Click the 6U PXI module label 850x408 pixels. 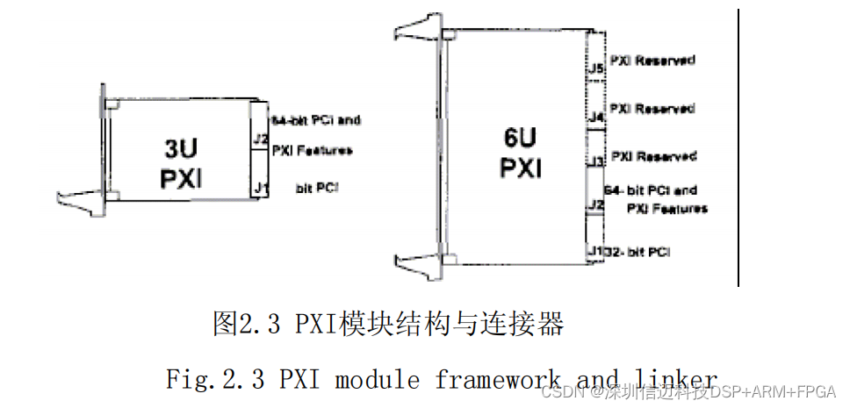(521, 151)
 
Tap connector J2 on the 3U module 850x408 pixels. (259, 139)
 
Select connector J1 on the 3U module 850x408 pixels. (259, 187)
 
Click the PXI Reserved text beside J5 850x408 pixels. (652, 61)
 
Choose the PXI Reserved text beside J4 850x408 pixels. (652, 109)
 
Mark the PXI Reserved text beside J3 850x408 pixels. (653, 156)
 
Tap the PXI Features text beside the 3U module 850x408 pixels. (312, 150)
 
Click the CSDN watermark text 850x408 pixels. (557, 391)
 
